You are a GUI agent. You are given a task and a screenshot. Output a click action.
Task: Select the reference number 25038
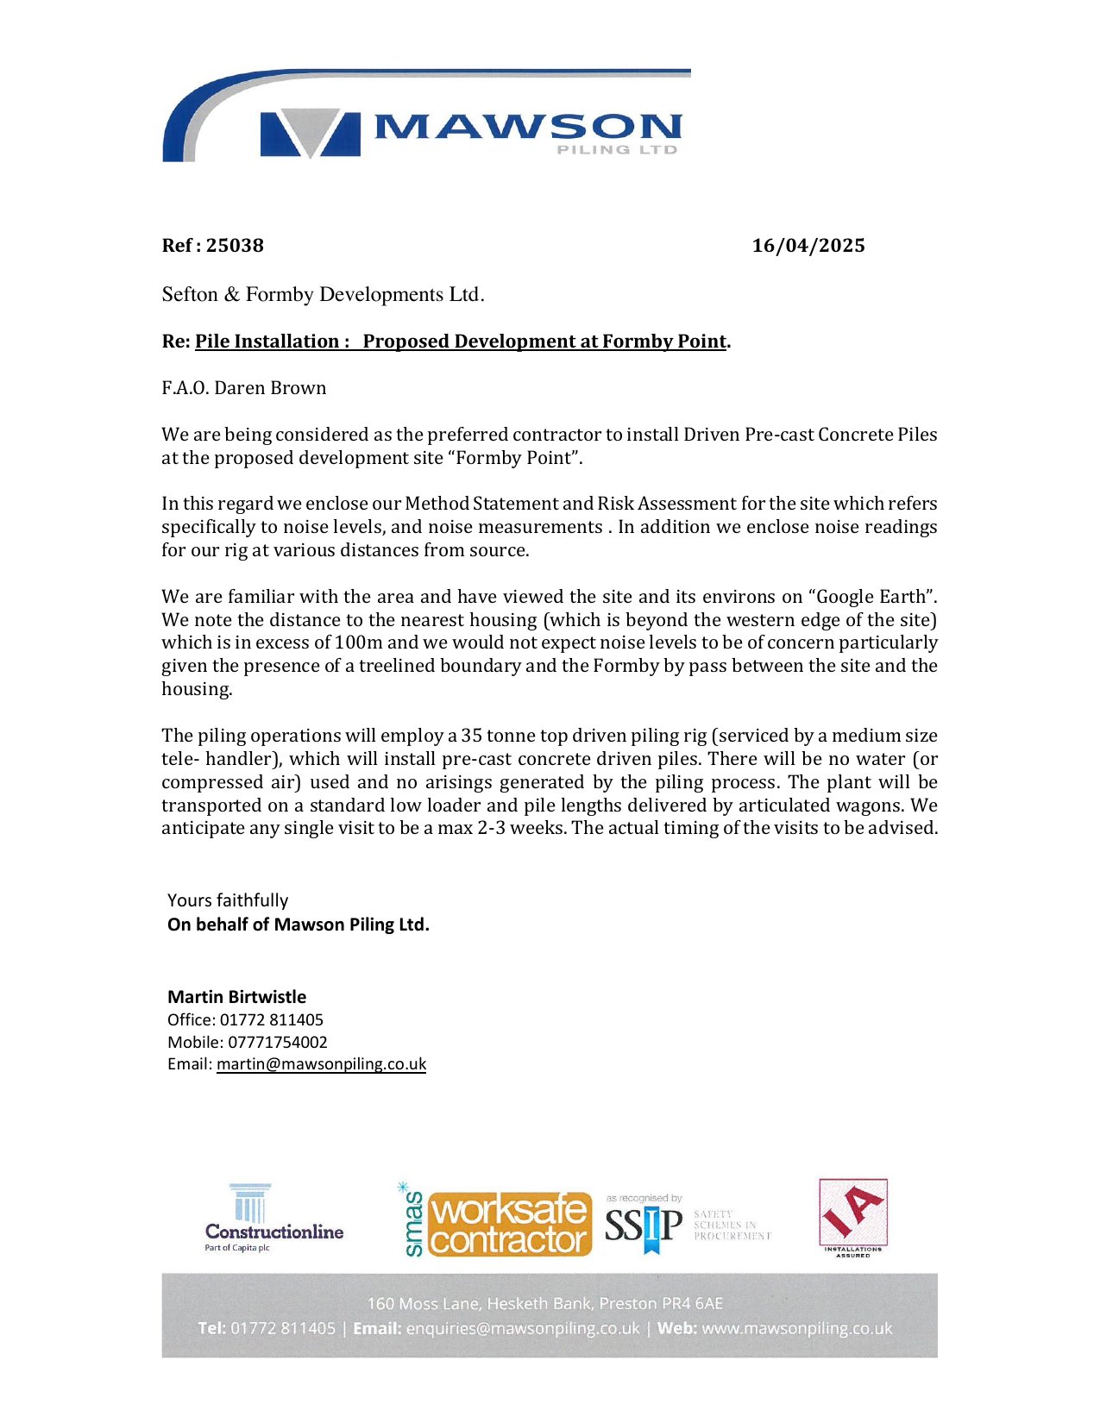pos(235,246)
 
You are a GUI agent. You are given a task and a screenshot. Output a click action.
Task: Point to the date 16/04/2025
pos(808,246)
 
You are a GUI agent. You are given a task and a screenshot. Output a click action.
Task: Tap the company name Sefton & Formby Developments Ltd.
pos(323,295)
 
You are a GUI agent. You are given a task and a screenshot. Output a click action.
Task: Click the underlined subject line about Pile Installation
pos(460,342)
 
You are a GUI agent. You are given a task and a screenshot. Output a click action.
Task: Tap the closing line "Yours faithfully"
pos(228,900)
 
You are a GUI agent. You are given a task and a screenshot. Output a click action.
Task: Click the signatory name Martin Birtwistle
pos(237,997)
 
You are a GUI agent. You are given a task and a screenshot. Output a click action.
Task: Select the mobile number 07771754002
pos(278,1042)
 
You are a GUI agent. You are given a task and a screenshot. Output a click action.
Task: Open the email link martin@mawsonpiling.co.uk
pos(321,1064)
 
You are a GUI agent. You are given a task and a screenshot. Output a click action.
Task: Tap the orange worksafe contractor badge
pos(510,1225)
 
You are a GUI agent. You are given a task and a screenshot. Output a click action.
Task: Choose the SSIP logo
pos(644,1225)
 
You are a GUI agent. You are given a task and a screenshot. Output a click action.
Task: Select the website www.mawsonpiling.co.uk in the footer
pos(796,1328)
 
